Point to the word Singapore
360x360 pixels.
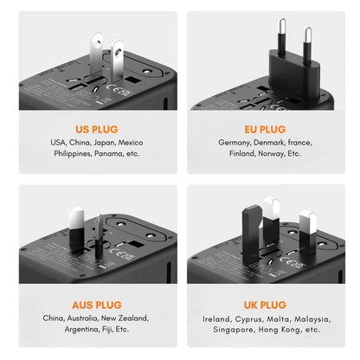236,330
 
